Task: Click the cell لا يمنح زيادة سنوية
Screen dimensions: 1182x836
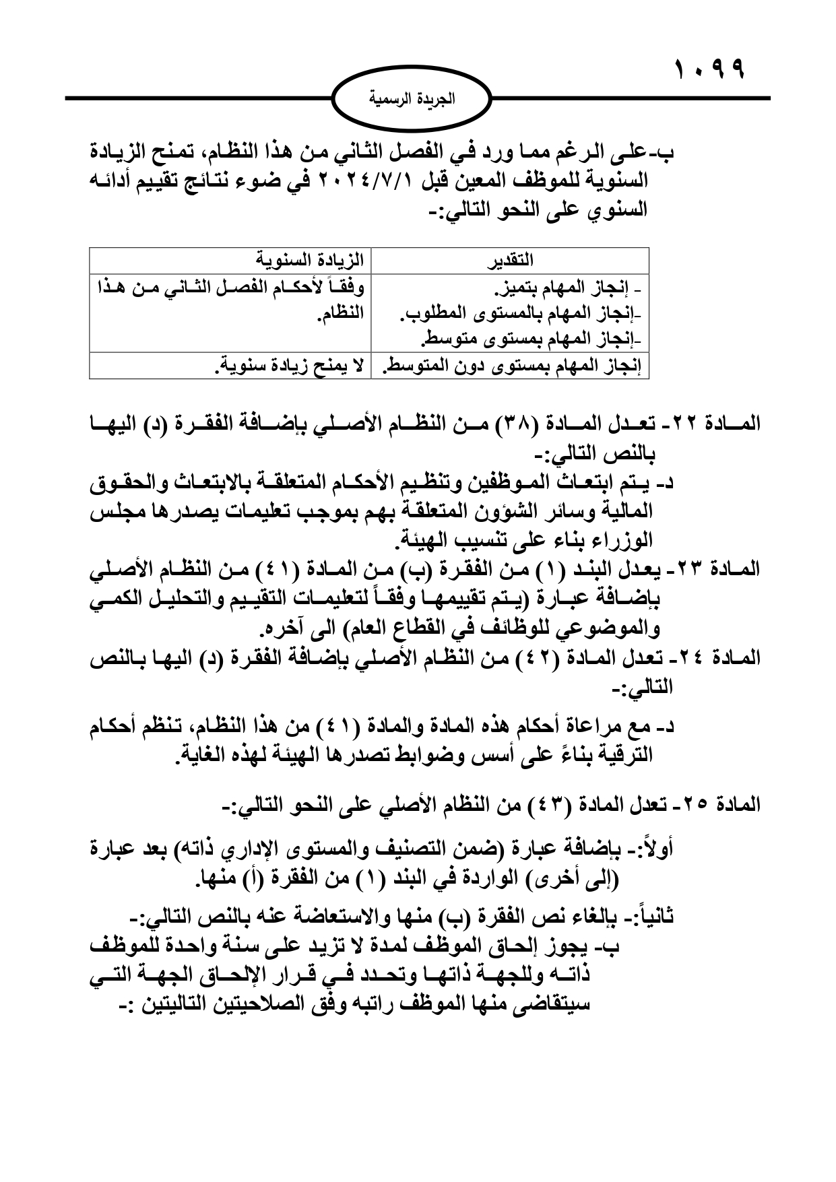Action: point(290,367)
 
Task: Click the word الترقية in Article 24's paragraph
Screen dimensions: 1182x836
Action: point(629,756)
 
